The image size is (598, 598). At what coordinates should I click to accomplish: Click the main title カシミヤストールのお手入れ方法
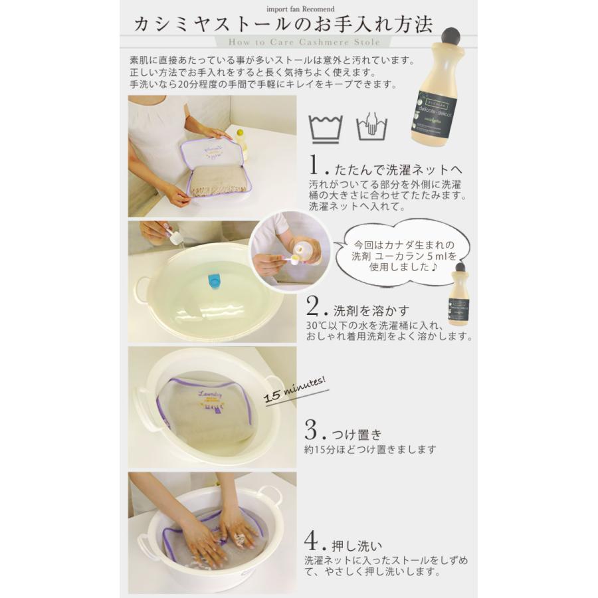click(x=283, y=25)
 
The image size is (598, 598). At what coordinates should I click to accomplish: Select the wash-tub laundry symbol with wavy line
click(x=326, y=127)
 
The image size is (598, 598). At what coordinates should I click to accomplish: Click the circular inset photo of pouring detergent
click(x=290, y=250)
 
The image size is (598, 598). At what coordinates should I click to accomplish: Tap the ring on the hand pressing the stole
click(x=239, y=534)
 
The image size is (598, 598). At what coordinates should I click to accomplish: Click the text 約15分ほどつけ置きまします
click(x=370, y=450)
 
